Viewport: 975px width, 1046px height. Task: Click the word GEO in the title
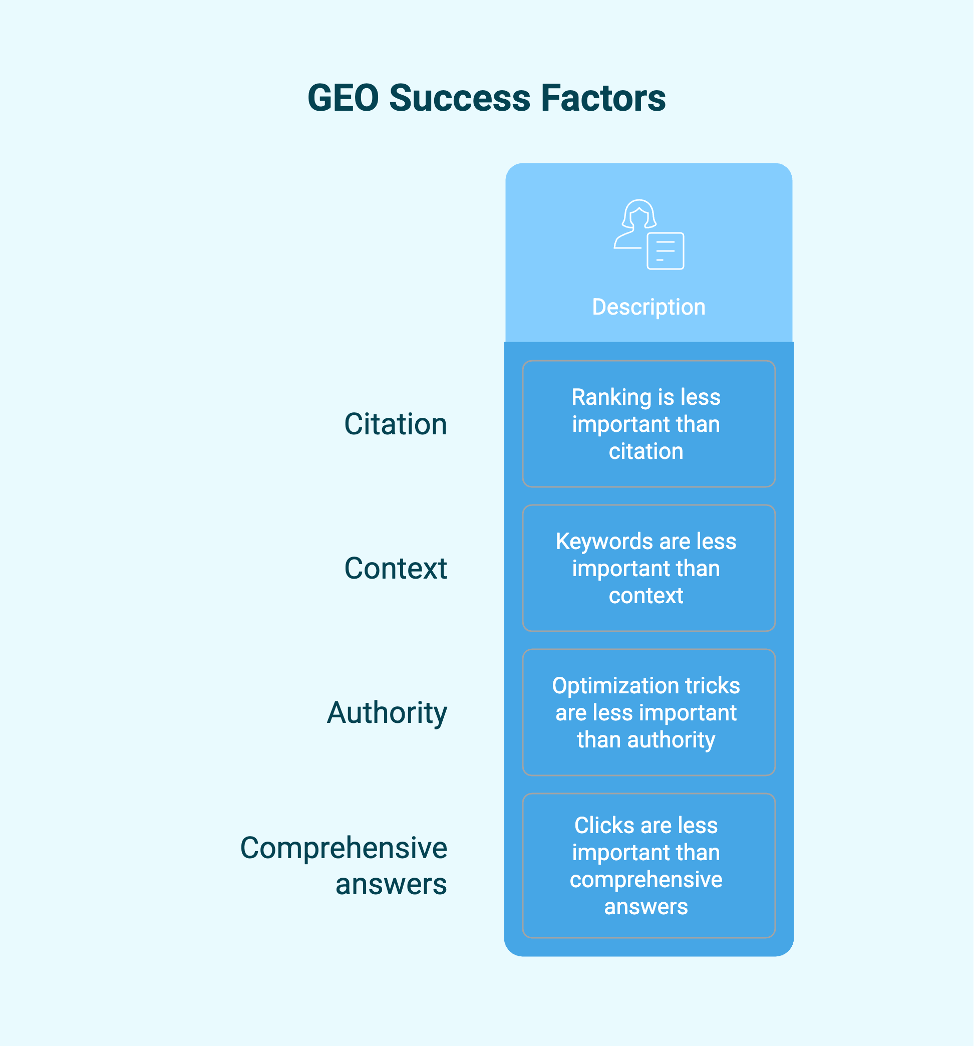[x=344, y=98]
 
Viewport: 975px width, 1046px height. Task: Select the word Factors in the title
[x=603, y=98]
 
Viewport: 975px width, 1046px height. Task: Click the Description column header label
[x=649, y=307]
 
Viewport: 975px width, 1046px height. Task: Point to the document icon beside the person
[x=665, y=251]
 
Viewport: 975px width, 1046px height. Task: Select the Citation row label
[x=396, y=424]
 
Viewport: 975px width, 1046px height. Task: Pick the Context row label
[x=396, y=568]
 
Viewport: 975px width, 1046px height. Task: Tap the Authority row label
[x=387, y=713]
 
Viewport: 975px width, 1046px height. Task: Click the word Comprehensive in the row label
[x=344, y=848]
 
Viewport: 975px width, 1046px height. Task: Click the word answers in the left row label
[x=391, y=884]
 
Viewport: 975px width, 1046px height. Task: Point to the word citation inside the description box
[x=646, y=451]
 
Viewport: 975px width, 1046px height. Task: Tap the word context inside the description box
[x=646, y=596]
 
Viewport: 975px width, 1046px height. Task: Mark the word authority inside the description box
[x=672, y=740]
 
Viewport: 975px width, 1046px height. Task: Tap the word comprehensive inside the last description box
[x=646, y=880]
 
